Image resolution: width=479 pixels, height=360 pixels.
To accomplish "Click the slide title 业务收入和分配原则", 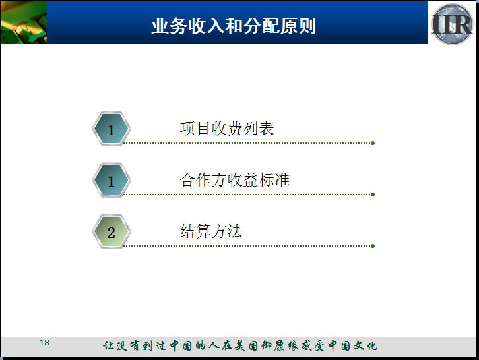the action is tap(234, 26).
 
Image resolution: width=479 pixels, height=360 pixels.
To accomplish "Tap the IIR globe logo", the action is tap(453, 24).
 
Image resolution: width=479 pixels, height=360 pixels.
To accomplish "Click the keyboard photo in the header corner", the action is tap(24, 22).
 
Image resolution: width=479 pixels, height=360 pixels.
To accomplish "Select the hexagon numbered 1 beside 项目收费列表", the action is tap(112, 129).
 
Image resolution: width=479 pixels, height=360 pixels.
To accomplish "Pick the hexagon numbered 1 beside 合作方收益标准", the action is tap(112, 180).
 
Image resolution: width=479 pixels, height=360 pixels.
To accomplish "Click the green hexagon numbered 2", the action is tap(112, 231).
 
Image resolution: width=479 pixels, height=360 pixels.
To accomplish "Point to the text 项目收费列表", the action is tap(227, 129).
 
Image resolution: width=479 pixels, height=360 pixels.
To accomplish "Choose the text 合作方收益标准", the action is tap(235, 179).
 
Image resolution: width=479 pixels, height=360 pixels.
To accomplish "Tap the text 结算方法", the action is tap(211, 231).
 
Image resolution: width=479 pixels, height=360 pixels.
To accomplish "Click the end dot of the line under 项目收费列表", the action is tap(373, 143).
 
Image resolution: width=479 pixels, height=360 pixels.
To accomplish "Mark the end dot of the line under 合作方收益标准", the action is tap(373, 195).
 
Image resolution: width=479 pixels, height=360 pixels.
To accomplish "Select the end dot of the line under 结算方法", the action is tap(373, 246).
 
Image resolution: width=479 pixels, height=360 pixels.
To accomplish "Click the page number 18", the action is tap(44, 343).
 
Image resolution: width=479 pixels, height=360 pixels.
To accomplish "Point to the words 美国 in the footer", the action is tap(246, 345).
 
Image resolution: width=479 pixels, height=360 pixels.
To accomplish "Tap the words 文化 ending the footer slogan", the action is tap(365, 345).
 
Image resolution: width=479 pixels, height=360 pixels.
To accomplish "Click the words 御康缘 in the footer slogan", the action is tap(280, 345).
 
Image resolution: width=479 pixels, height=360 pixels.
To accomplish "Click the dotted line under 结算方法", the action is tap(247, 246).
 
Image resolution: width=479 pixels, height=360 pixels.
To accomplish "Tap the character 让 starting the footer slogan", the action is tap(108, 345).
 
